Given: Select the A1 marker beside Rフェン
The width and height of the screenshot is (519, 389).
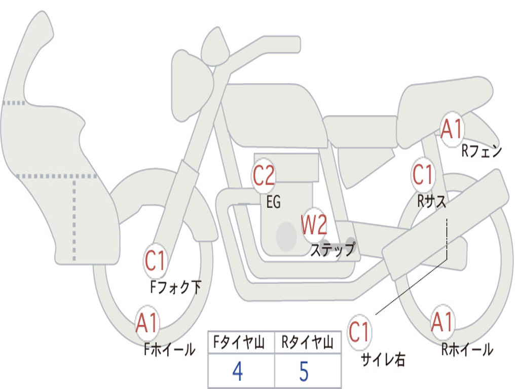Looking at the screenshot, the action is point(452,129).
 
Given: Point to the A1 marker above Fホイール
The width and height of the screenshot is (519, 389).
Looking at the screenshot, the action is point(147,323).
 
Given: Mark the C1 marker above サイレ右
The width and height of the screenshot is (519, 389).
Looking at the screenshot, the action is point(359,333).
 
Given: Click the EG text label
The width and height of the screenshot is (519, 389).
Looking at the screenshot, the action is point(273,203).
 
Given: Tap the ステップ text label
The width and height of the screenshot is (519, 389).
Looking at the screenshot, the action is point(332,250).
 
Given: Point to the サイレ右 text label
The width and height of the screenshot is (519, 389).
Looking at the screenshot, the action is point(383,360).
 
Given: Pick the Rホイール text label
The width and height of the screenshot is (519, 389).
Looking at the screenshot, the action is point(467,349).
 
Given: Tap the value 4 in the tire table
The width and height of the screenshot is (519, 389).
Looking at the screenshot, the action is point(237,372).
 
